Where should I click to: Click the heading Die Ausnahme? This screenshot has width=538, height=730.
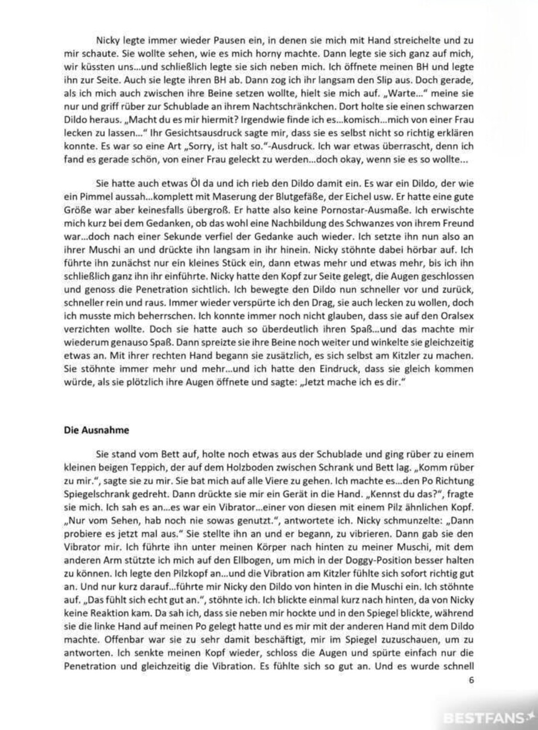pos(96,430)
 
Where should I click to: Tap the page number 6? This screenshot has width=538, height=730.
pos(471,681)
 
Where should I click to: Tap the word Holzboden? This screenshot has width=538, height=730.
pos(240,468)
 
